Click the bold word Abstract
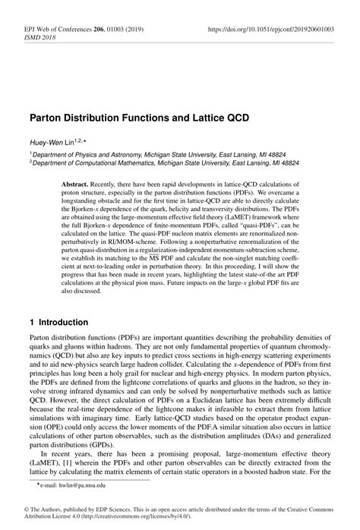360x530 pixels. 99,185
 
